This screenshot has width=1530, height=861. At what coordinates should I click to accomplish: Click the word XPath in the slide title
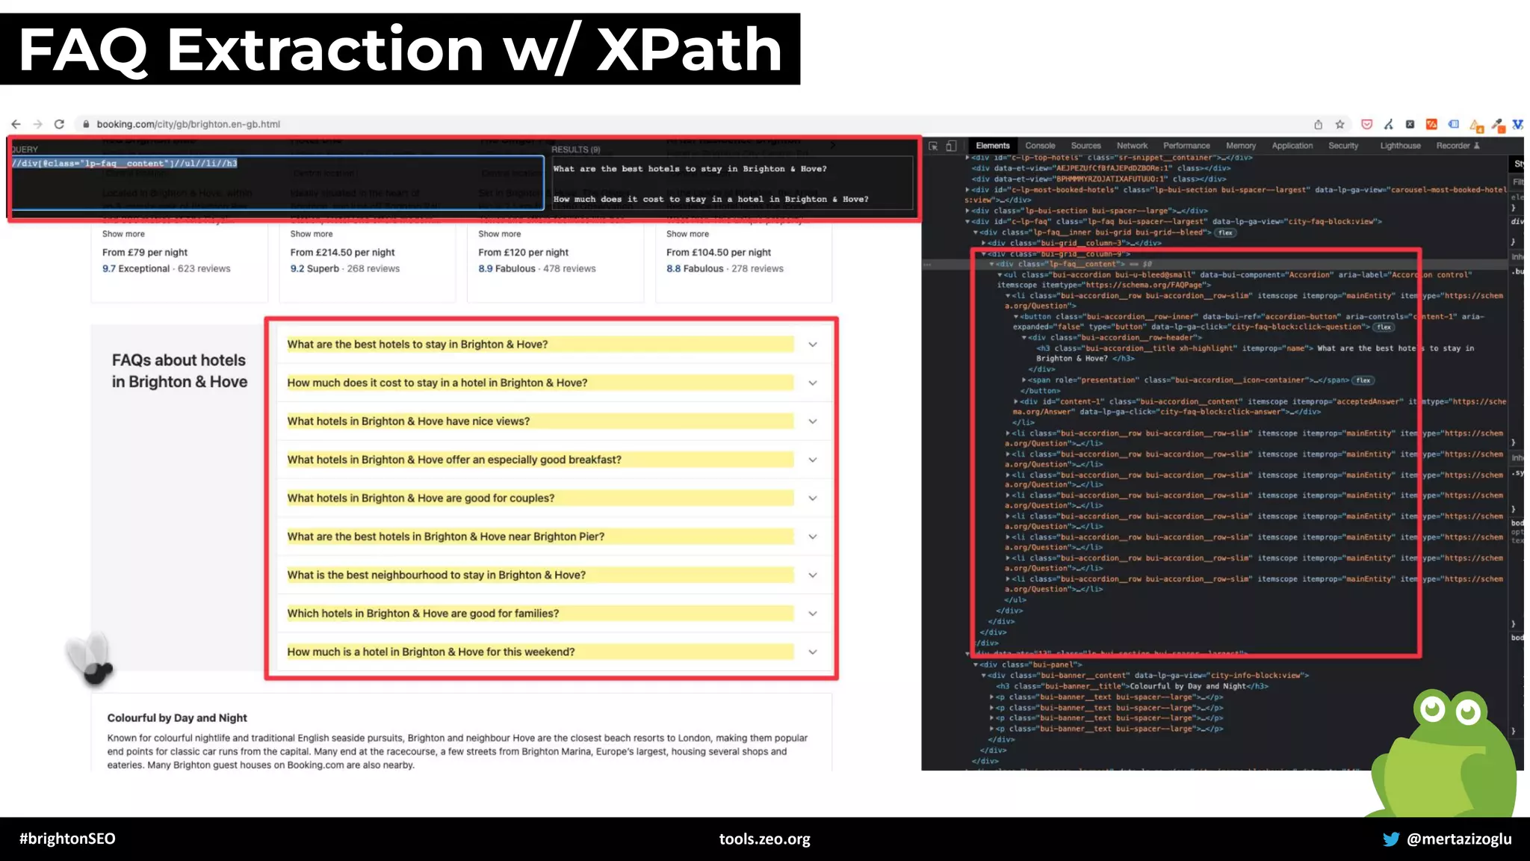point(689,49)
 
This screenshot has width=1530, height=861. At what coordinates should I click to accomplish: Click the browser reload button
point(59,124)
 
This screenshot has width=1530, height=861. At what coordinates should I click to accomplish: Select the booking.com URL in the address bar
point(188,124)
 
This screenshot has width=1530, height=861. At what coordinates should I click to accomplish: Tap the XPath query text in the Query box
point(125,163)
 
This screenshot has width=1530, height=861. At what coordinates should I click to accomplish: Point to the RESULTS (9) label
point(575,149)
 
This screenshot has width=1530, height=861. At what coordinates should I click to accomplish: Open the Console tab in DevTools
point(1040,146)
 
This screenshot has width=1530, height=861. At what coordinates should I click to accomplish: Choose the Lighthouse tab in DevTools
point(1400,146)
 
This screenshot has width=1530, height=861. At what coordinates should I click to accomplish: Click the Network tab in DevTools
point(1132,146)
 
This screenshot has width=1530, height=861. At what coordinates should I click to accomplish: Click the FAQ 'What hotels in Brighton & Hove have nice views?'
point(409,422)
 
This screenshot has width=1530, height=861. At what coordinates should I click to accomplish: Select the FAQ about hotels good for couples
point(421,499)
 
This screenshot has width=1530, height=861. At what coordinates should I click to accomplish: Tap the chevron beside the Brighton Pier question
point(813,537)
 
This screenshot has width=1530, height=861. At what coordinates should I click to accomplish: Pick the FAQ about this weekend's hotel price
point(431,652)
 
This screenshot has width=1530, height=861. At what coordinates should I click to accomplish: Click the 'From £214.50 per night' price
point(342,253)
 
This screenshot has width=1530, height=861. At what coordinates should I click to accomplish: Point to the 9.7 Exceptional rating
point(136,269)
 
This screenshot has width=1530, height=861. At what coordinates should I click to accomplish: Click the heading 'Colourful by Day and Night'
point(177,718)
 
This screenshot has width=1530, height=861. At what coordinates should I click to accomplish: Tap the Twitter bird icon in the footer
point(1390,839)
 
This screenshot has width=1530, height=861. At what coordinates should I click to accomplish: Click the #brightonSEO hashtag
point(67,839)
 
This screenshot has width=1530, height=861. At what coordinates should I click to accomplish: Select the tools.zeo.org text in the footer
point(764,839)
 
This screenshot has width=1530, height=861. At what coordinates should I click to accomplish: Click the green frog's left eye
point(1432,709)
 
